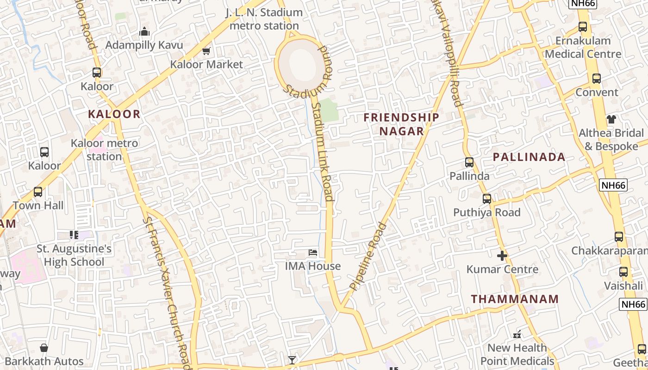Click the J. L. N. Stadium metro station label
(264, 19)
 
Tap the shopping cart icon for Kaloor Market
(206, 51)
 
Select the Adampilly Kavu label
(144, 45)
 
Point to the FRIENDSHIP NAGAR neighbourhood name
(401, 124)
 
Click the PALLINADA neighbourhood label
(529, 157)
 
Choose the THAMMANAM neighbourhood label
(515, 299)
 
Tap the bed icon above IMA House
(313, 253)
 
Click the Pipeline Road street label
(368, 257)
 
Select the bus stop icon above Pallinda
(469, 162)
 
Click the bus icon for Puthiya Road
(487, 199)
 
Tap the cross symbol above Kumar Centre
(502, 255)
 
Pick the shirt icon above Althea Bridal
(611, 119)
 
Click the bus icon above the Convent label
(597, 79)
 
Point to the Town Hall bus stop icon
(38, 191)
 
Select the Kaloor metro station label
(105, 150)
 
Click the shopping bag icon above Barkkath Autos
(44, 347)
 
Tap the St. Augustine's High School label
(74, 255)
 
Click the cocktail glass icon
(292, 360)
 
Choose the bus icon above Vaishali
(623, 272)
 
